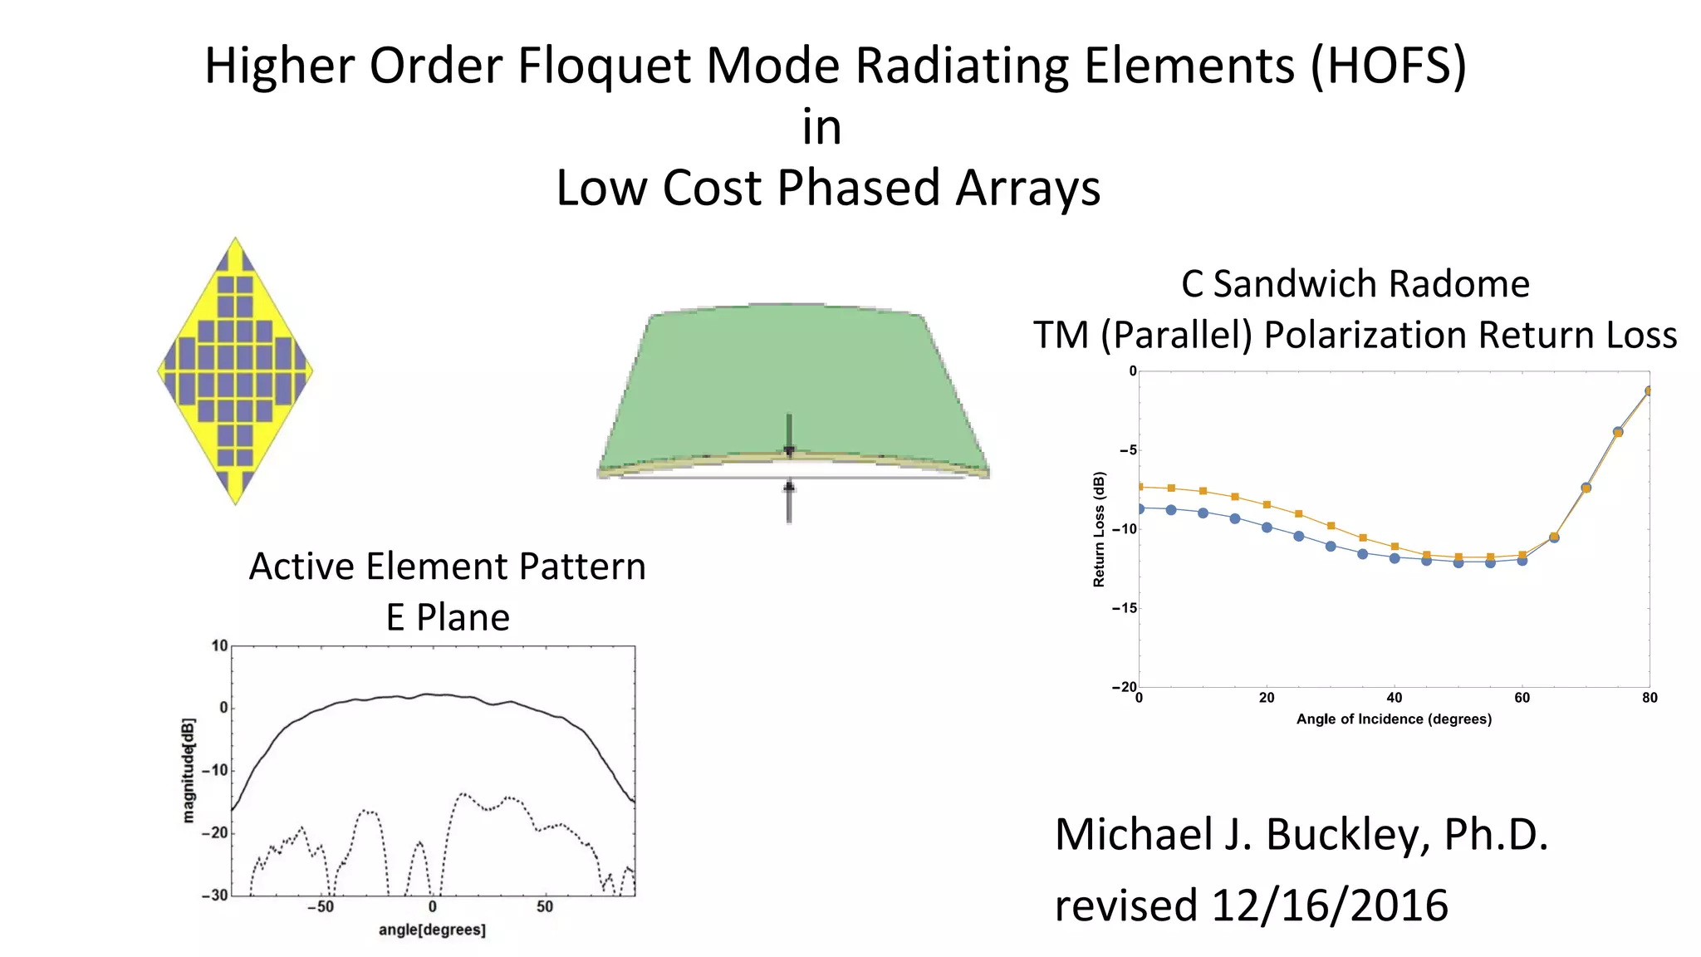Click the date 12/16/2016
[1330, 905]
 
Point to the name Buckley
[1346, 834]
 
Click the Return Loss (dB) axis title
[1099, 529]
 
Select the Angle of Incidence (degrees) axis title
[1394, 719]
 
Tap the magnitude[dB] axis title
[189, 770]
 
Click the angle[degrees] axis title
[432, 930]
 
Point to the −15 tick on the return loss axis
[1125, 608]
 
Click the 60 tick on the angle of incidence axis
[1522, 698]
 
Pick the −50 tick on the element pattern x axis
[321, 907]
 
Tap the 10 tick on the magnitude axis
[218, 645]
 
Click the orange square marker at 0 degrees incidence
[1140, 487]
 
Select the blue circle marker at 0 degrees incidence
[1140, 508]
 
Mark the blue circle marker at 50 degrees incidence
[1458, 562]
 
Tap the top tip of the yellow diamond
[236, 240]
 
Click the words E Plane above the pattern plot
[448, 617]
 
